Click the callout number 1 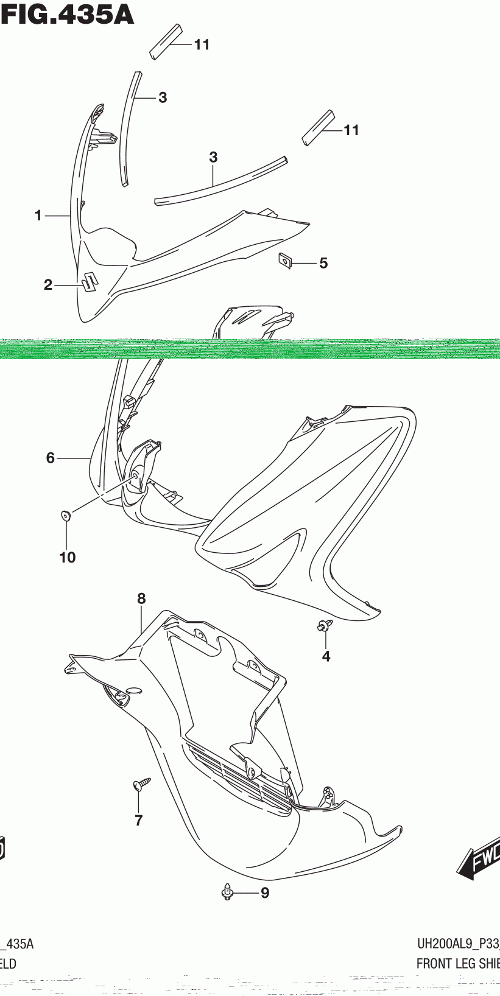click(x=38, y=216)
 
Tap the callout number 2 click(x=48, y=284)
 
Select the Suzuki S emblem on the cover click(x=90, y=281)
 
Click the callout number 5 click(x=323, y=263)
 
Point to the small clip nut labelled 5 click(x=285, y=260)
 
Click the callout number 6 click(x=51, y=458)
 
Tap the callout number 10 click(x=68, y=557)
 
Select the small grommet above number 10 click(x=66, y=516)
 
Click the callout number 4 click(x=326, y=656)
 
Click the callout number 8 click(x=141, y=598)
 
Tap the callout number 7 click(x=139, y=821)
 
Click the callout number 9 click(x=265, y=893)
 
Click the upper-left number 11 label click(x=202, y=44)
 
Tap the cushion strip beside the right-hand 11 click(x=319, y=127)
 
